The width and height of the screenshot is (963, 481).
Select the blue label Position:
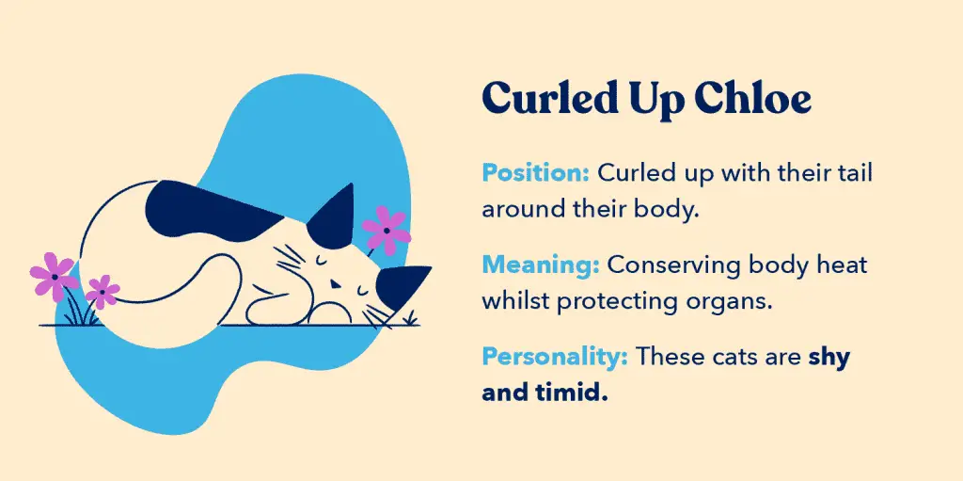pyautogui.click(x=535, y=173)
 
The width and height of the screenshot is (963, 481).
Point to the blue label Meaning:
pyautogui.click(x=540, y=265)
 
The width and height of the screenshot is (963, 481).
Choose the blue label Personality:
pyautogui.click(x=555, y=357)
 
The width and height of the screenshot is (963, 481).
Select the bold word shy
pyautogui.click(x=829, y=358)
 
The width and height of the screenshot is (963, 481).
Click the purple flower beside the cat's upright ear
pyautogui.click(x=387, y=230)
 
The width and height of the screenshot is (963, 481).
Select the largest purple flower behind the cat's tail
pyautogui.click(x=54, y=277)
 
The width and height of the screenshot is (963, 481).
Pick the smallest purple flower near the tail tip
pyautogui.click(x=102, y=292)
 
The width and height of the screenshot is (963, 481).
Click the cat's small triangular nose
pyautogui.click(x=334, y=284)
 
